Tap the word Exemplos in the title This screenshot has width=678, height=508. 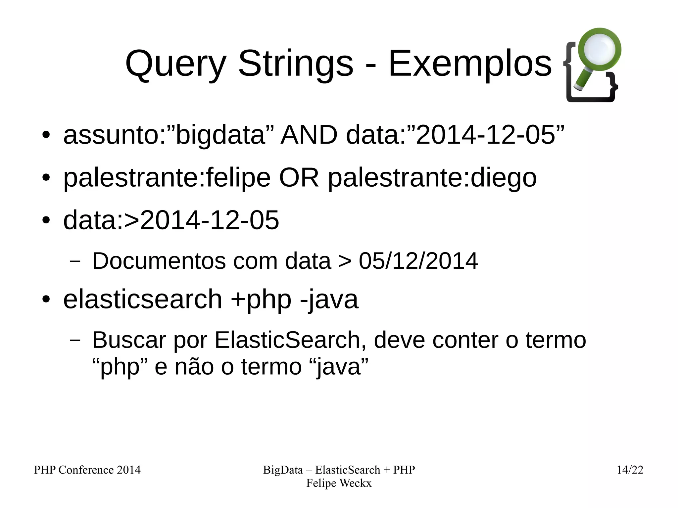pos(470,63)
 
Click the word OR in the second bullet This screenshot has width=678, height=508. pos(299,178)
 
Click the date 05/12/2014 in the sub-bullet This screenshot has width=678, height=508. pos(418,261)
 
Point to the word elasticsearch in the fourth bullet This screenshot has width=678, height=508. pos(142,299)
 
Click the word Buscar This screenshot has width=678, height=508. pos(129,340)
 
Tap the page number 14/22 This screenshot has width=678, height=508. pos(630,470)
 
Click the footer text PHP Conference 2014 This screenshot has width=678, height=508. pos(87,470)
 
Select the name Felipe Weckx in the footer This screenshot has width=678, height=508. pos(339,483)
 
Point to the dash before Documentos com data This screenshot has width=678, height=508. pos(75,261)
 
